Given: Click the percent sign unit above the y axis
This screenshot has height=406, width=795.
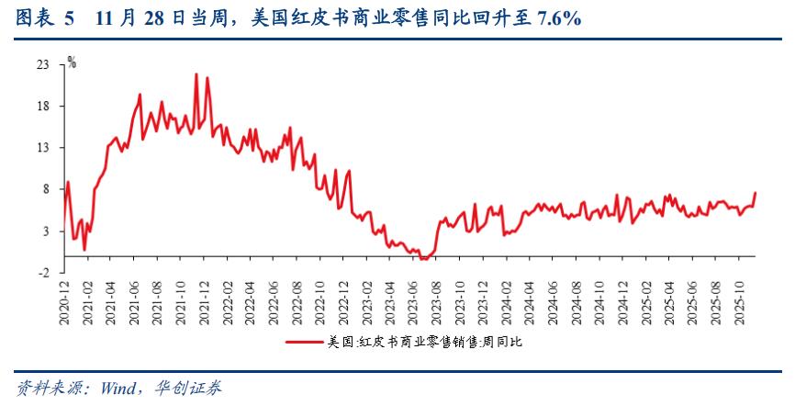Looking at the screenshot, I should (72, 62).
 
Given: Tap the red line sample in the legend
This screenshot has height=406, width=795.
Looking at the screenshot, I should (304, 343).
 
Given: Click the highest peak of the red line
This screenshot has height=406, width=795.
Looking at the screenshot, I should (196, 74).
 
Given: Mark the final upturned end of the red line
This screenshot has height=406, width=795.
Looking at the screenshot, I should (756, 193).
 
